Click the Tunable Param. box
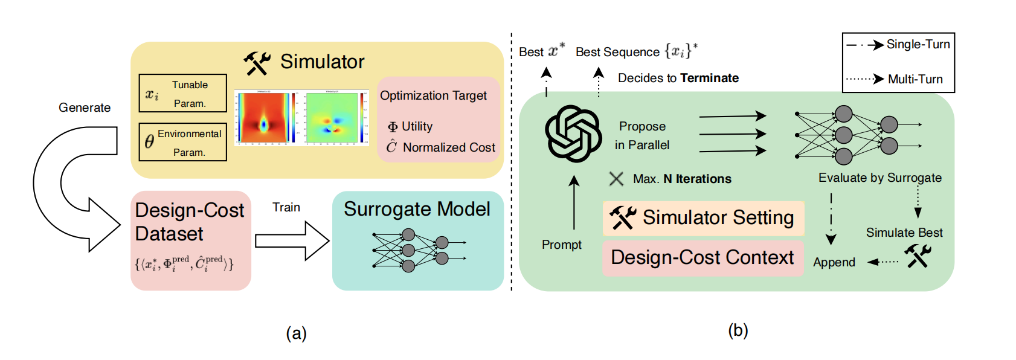[x=182, y=93]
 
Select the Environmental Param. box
[x=182, y=142]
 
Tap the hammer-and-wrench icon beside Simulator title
[x=257, y=63]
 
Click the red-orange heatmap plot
[x=265, y=118]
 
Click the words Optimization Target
[x=433, y=95]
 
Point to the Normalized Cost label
[x=448, y=147]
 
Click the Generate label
[x=85, y=108]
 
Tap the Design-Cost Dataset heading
[x=189, y=222]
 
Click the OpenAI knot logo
[x=573, y=133]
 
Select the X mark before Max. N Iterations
[x=616, y=179]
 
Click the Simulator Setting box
[x=703, y=218]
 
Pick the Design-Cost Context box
[x=703, y=258]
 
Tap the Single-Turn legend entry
[x=898, y=45]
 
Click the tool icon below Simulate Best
[x=918, y=256]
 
